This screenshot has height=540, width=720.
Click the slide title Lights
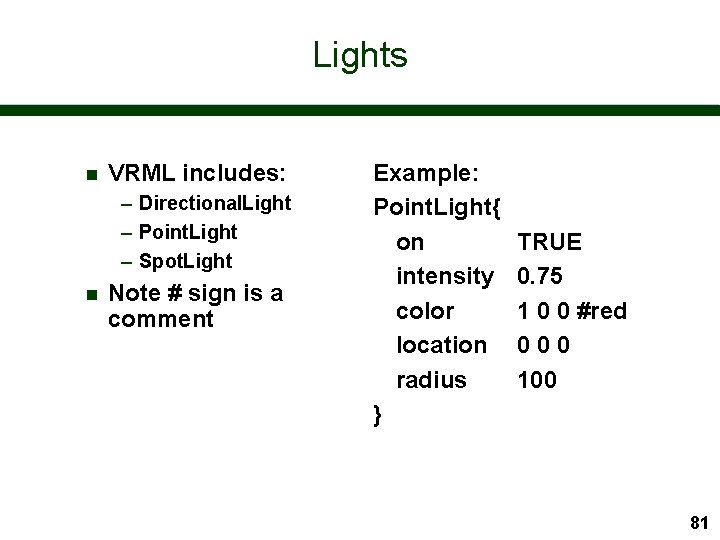tap(360, 54)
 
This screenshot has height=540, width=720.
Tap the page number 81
tap(699, 522)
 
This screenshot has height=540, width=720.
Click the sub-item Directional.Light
tap(214, 203)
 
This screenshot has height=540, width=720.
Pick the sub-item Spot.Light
tap(185, 261)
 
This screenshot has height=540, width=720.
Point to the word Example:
tap(426, 173)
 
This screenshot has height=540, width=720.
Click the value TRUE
tap(549, 242)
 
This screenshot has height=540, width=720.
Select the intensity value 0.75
tap(540, 276)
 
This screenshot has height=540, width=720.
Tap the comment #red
tap(602, 311)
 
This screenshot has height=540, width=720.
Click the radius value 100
tap(537, 380)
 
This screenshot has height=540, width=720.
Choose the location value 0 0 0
tap(543, 345)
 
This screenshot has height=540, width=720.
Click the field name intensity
tap(444, 276)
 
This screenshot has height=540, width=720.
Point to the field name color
tap(425, 311)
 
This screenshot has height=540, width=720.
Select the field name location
tap(441, 345)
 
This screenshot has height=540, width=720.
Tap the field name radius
tap(431, 380)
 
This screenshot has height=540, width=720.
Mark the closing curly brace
tap(377, 414)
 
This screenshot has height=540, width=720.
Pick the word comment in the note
tap(161, 319)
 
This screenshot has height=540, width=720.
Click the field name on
tap(410, 242)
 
